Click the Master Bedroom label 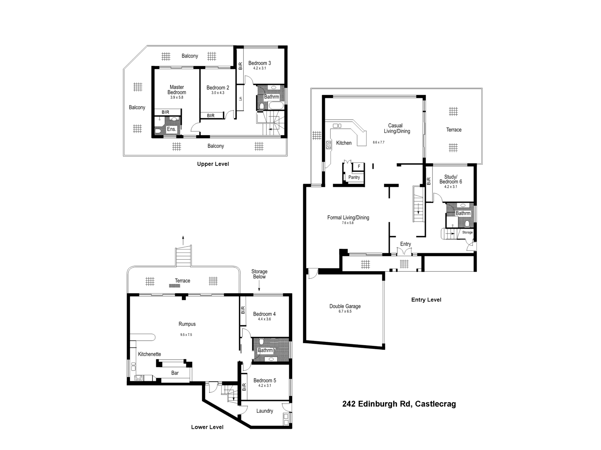tap(177, 90)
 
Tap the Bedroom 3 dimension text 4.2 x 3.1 tap(259, 68)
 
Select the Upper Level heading tap(213, 164)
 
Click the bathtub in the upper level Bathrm tap(276, 106)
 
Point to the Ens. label tap(171, 129)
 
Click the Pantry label tap(354, 177)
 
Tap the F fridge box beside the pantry tap(359, 166)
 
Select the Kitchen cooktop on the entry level tap(329, 145)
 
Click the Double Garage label tap(345, 306)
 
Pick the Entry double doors tap(404, 251)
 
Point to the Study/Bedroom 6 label tap(450, 179)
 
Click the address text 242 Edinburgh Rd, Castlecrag tap(399, 404)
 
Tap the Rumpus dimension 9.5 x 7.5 tap(186, 335)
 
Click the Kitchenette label tap(149, 354)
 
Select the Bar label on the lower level tap(175, 373)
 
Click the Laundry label tap(264, 411)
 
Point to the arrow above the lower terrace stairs tap(183, 240)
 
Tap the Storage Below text tap(259, 274)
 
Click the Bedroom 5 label tap(264, 380)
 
